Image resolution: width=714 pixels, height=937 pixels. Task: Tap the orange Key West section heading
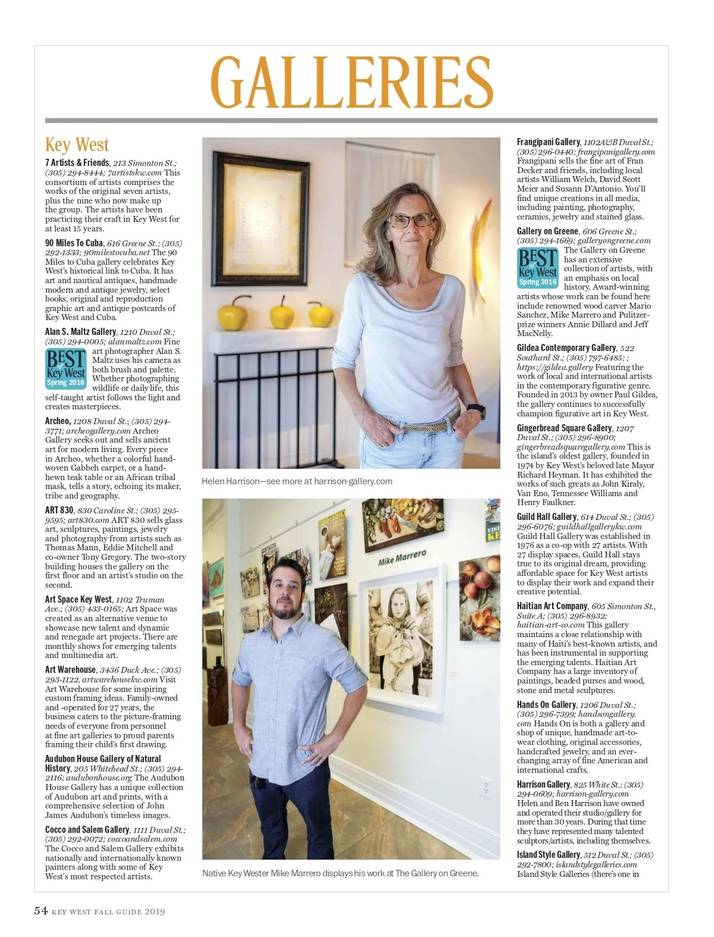pos(77,145)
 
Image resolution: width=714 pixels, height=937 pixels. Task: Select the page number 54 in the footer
pos(40,911)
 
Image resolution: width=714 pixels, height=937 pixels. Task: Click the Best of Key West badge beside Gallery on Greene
pos(537,268)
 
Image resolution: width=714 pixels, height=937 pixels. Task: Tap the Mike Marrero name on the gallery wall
pos(402,558)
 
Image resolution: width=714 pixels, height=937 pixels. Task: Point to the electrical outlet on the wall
pos(487,788)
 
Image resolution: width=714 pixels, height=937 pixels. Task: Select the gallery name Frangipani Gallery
pos(548,142)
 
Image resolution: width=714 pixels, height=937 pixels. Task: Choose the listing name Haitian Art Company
pos(552,606)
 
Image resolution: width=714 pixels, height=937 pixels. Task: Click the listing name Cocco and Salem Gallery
pos(87,830)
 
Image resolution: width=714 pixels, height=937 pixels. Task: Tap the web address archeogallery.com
pos(98,431)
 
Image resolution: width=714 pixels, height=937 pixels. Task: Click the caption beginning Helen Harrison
pos(297,481)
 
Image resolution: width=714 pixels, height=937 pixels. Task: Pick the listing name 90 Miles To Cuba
pos(74,243)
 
